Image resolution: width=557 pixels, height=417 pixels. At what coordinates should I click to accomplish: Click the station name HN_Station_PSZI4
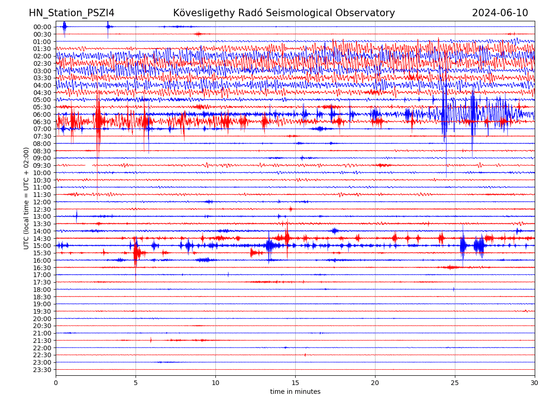click(x=71, y=13)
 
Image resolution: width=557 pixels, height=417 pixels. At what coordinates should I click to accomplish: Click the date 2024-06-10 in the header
click(x=500, y=13)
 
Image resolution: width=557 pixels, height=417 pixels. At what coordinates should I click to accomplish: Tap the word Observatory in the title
click(x=370, y=13)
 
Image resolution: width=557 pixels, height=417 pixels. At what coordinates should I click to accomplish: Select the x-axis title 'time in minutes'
click(x=295, y=392)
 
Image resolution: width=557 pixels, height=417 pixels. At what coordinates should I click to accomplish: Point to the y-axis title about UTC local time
click(x=26, y=198)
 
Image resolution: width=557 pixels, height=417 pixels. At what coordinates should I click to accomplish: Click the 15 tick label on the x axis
click(x=295, y=383)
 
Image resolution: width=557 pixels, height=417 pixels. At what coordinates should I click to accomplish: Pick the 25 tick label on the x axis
click(x=455, y=383)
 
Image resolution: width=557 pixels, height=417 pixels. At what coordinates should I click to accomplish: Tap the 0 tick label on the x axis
click(x=56, y=383)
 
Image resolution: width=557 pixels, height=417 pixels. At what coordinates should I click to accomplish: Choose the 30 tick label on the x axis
click(x=535, y=383)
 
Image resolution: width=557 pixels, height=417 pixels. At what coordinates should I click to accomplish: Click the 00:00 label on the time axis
click(x=42, y=27)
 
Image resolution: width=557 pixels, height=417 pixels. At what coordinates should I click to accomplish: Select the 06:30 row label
click(x=42, y=122)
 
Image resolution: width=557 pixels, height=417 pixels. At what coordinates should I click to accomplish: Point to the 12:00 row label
click(x=42, y=202)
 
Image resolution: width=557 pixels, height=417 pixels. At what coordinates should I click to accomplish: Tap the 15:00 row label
click(x=42, y=246)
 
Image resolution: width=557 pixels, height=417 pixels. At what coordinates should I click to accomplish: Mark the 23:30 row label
click(x=42, y=370)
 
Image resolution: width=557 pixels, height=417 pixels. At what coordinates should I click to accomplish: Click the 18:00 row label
click(x=42, y=290)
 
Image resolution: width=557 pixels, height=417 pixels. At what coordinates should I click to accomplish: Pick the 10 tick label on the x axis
click(x=215, y=383)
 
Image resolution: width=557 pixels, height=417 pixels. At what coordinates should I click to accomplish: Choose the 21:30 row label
click(x=42, y=341)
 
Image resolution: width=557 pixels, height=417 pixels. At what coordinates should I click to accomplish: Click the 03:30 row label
click(x=42, y=78)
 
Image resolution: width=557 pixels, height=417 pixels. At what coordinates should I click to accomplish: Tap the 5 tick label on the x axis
click(x=136, y=383)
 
